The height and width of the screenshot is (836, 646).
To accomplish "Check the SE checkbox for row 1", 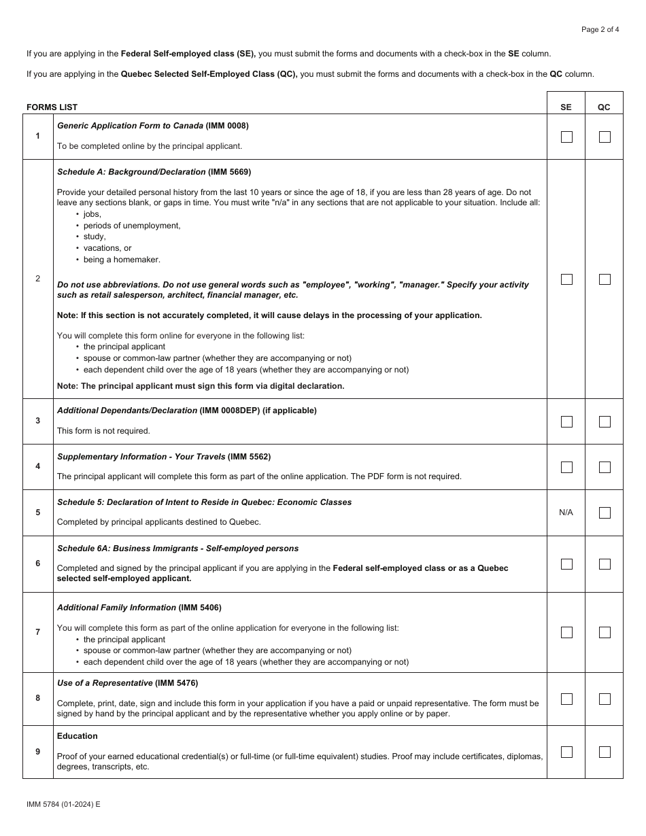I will (x=566, y=137).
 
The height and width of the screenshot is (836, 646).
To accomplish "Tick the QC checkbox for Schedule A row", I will (x=605, y=279).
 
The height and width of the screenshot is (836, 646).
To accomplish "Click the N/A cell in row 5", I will (x=566, y=512).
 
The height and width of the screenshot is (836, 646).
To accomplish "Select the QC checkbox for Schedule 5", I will (x=605, y=513).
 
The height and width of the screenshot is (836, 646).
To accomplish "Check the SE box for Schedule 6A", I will (x=566, y=564).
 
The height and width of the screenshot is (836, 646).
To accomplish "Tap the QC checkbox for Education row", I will (x=605, y=752).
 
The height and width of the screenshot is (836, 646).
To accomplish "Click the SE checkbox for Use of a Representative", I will (x=566, y=699).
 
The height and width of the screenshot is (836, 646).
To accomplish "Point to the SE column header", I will (x=566, y=107).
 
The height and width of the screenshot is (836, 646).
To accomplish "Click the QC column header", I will (x=604, y=107).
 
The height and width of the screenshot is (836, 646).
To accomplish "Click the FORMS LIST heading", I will (x=52, y=107).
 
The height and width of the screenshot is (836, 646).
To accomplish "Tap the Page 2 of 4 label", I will (x=600, y=29).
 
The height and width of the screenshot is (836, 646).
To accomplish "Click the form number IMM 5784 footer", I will (x=63, y=804).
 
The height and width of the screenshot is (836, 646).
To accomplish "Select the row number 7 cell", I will (x=37, y=632).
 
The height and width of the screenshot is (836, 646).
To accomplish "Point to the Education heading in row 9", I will (x=78, y=736).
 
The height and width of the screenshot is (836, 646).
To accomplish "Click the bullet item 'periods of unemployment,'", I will (x=132, y=226).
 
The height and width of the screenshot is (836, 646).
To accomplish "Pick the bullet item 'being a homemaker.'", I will (x=122, y=260).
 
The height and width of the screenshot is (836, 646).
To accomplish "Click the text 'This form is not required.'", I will (x=103, y=431).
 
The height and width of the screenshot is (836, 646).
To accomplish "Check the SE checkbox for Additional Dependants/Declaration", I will (x=566, y=422).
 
